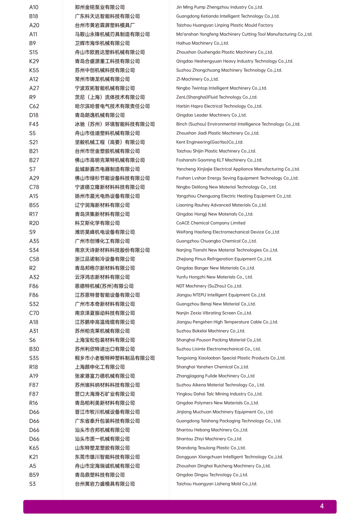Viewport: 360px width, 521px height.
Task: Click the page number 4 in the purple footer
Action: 322,506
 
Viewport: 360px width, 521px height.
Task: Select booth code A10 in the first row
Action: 34,7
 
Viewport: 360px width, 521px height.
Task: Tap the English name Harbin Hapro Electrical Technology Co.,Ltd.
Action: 219,106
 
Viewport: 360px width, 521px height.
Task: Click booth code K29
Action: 34,61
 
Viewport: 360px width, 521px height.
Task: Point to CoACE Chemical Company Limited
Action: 211,223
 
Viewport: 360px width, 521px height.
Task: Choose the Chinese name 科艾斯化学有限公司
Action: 97,223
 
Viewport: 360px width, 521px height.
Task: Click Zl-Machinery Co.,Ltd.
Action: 197,79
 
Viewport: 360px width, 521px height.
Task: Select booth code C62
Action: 34,106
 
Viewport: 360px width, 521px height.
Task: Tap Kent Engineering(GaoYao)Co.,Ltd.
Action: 210,142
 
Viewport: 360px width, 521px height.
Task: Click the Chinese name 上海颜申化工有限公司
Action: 100,367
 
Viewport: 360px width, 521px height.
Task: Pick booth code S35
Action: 34,358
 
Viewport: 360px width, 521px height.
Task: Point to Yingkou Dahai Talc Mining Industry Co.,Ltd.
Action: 219,394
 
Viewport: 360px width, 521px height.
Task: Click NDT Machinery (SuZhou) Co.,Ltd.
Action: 209,286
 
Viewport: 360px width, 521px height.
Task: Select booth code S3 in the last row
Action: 32,484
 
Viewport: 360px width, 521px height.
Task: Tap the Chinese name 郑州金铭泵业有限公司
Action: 100,7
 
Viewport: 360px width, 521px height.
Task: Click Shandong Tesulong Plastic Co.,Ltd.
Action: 211,448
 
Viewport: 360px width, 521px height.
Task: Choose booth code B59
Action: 34,475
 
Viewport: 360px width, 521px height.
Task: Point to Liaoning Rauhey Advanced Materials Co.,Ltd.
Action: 221,205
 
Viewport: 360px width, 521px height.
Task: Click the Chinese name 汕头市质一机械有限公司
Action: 102,439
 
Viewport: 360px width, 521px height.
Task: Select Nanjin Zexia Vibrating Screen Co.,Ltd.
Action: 214,313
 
